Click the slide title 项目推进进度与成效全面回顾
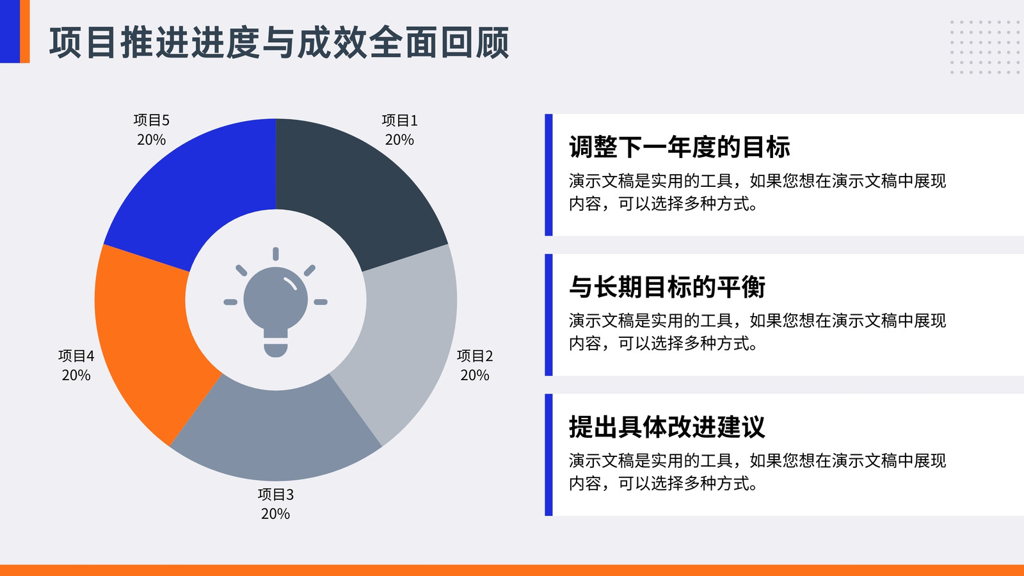(x=279, y=42)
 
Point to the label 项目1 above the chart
(x=399, y=120)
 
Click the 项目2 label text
(x=475, y=356)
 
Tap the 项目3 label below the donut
(x=276, y=494)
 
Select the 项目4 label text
(x=76, y=356)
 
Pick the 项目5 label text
(x=151, y=120)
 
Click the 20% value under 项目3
(x=276, y=514)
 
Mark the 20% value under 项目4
(x=76, y=375)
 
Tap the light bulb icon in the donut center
(x=276, y=302)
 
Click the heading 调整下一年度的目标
(x=679, y=147)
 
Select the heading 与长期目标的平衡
(x=667, y=287)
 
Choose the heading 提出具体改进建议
(x=667, y=426)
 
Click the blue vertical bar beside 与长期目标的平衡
(x=548, y=315)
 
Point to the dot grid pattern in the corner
(x=985, y=47)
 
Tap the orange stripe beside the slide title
(x=25, y=31)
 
